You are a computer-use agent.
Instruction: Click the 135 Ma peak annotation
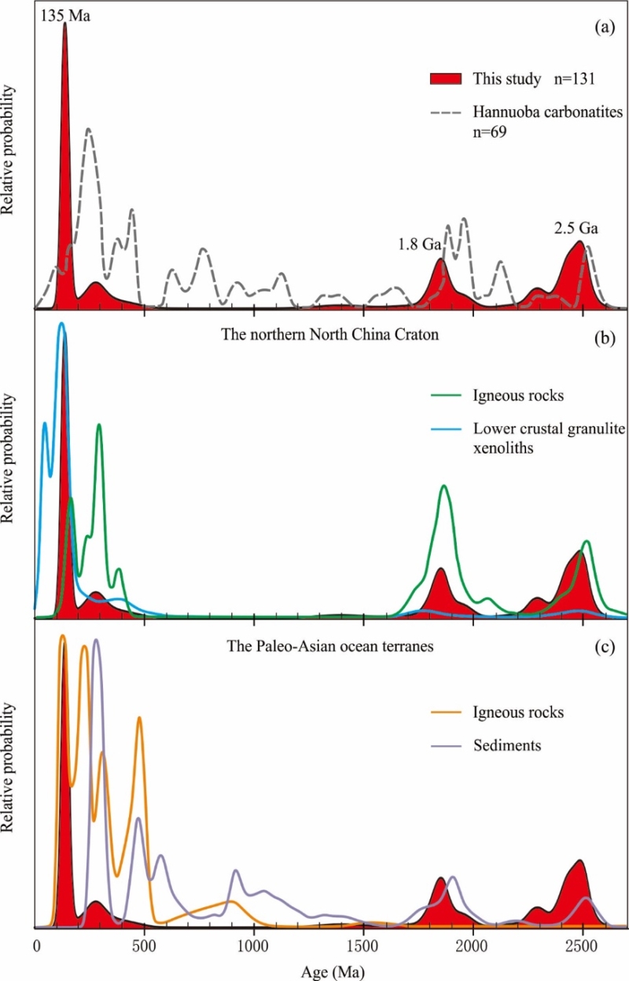68,13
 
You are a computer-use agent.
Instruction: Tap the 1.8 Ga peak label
418,244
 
